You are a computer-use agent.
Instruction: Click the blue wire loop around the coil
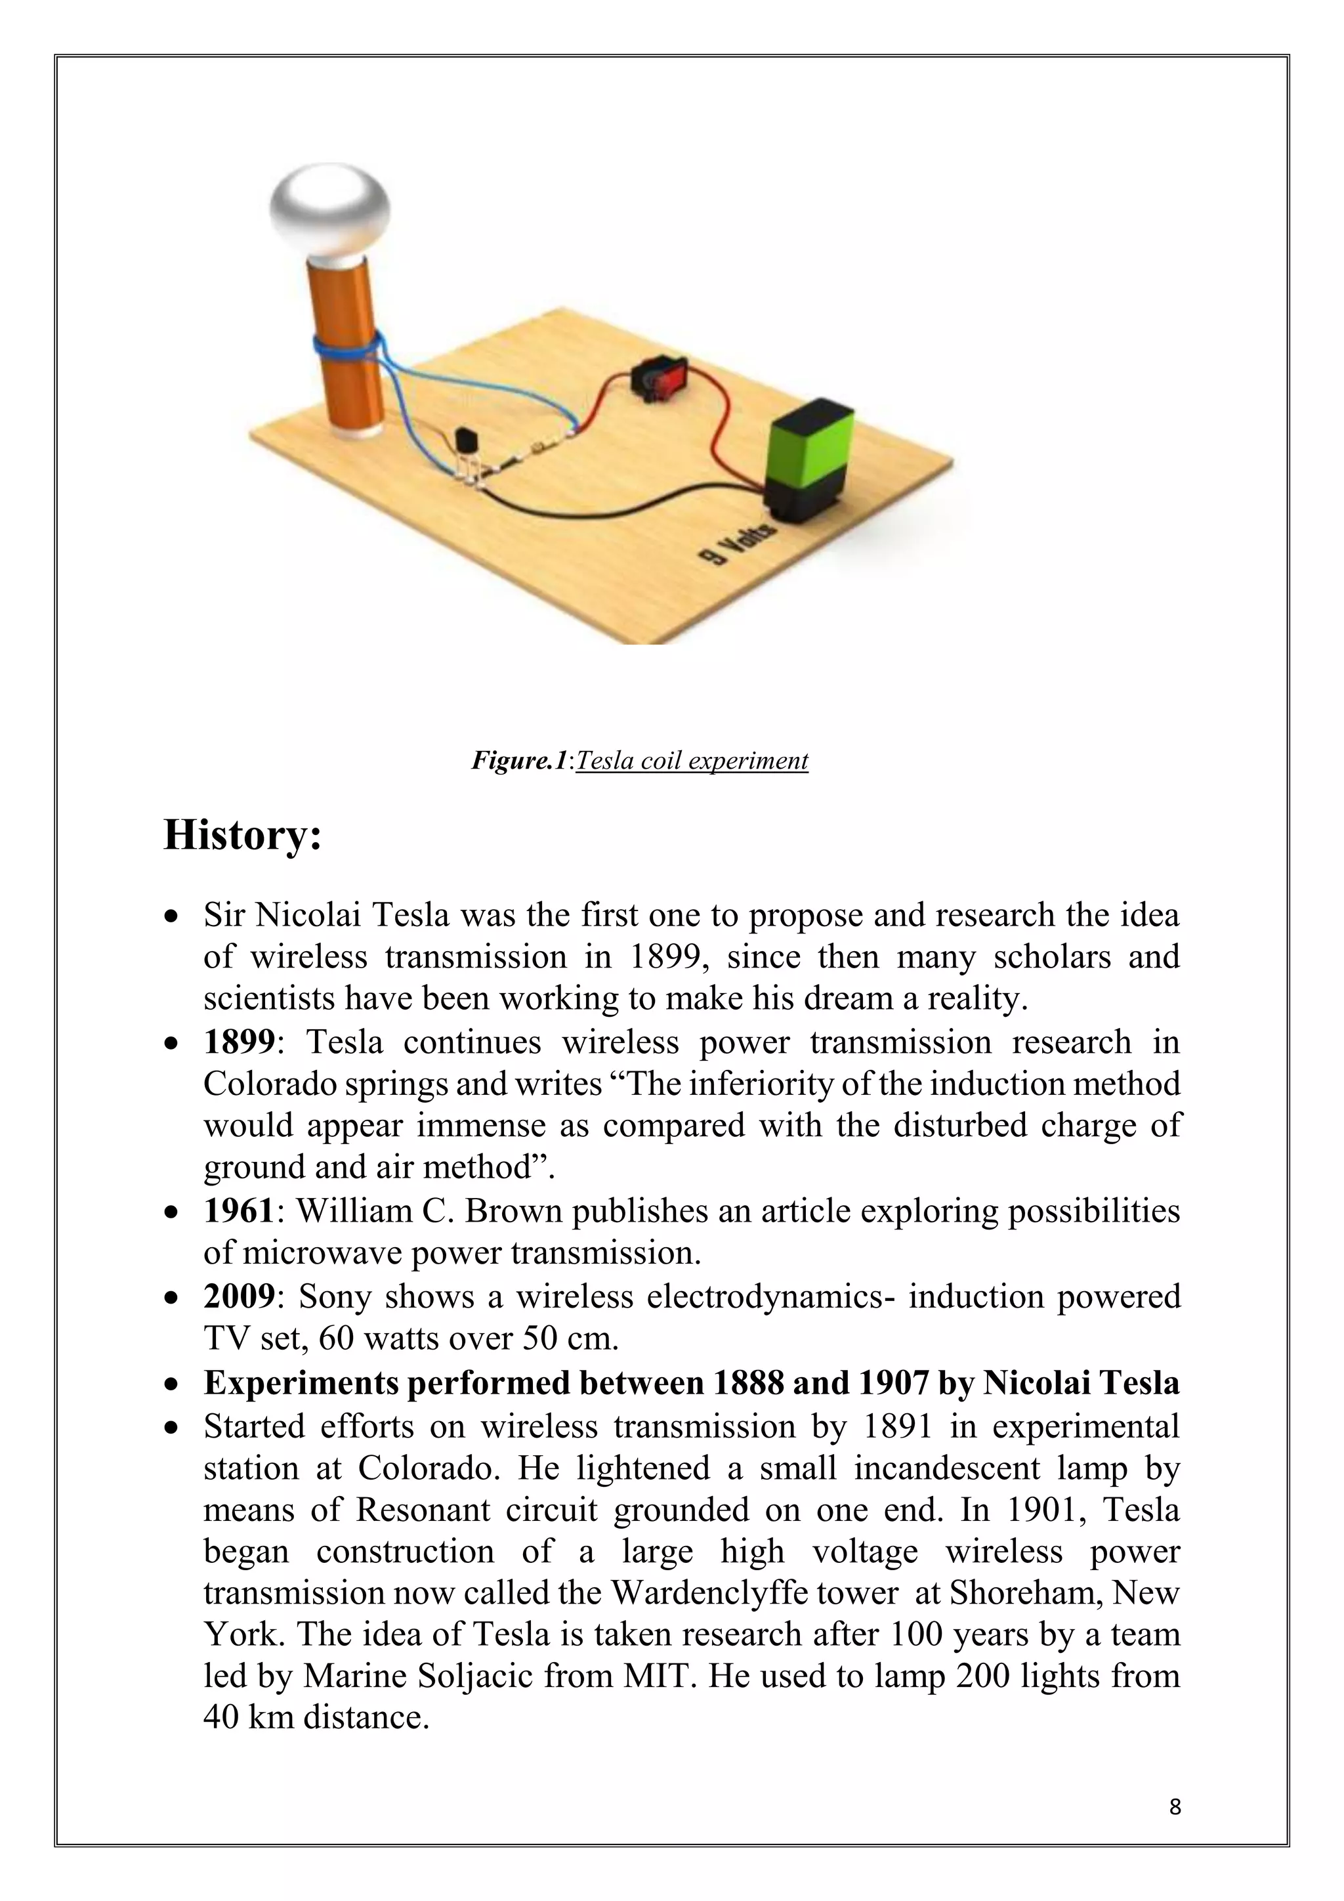[x=345, y=346]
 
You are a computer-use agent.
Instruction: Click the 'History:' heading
[x=241, y=834]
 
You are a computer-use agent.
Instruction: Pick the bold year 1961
[x=238, y=1210]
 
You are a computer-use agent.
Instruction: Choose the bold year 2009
[x=238, y=1296]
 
